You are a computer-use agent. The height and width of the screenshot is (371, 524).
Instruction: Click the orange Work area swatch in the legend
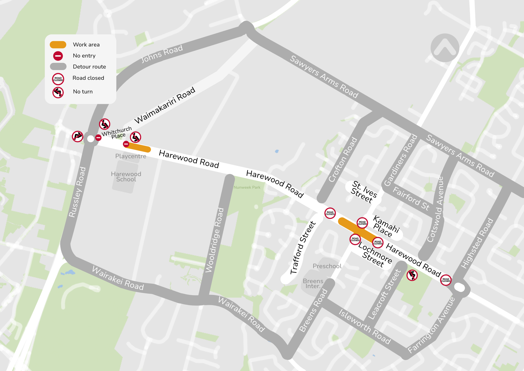click(x=58, y=45)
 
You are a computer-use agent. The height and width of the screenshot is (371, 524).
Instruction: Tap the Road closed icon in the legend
click(x=58, y=79)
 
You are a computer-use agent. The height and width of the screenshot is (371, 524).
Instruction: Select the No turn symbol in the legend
click(x=58, y=92)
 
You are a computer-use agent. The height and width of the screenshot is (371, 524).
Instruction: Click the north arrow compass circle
click(x=445, y=48)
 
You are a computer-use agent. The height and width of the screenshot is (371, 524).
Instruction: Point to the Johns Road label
click(x=162, y=54)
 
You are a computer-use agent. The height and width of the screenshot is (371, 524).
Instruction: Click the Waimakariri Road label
click(x=165, y=105)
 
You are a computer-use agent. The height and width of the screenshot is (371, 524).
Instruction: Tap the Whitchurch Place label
click(x=117, y=132)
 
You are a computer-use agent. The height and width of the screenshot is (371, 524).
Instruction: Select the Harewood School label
click(x=126, y=177)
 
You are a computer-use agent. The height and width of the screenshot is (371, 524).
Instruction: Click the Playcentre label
click(x=131, y=156)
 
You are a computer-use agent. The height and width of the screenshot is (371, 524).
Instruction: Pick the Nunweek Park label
click(x=247, y=187)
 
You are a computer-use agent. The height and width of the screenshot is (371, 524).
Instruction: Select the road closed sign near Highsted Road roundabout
click(x=446, y=280)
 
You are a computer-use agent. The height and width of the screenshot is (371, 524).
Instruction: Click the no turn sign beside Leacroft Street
click(x=412, y=275)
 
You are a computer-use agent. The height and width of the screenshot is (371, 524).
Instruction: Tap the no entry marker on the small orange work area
click(x=126, y=144)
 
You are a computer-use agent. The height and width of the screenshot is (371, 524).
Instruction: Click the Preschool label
click(x=327, y=266)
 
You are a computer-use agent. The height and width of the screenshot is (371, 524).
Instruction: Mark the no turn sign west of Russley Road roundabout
click(x=78, y=136)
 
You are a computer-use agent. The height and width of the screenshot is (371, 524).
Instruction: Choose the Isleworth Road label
click(x=364, y=327)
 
